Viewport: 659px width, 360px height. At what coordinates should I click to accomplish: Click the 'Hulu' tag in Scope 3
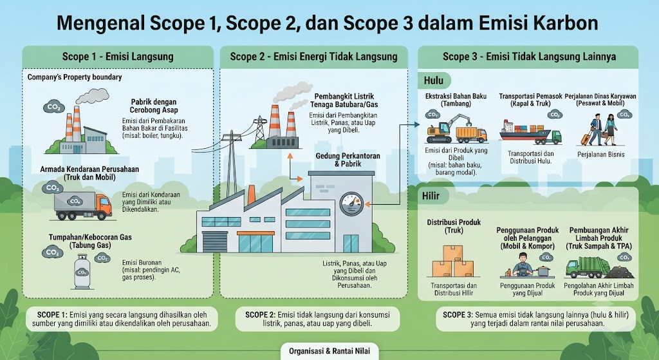click(434, 81)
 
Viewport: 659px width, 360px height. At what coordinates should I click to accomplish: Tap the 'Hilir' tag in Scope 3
click(431, 196)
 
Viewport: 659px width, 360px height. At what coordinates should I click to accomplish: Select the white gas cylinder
click(82, 272)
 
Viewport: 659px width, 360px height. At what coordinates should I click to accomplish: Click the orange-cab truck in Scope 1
click(83, 206)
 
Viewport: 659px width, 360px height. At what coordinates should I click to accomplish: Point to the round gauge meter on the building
click(351, 204)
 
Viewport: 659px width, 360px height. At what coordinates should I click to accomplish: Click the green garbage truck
click(582, 267)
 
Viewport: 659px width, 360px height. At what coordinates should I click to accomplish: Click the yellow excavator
click(442, 129)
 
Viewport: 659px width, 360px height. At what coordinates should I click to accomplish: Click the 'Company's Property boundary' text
click(75, 77)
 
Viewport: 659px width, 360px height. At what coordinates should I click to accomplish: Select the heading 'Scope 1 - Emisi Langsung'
click(118, 57)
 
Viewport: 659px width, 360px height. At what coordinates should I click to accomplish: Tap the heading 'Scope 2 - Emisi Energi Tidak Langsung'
click(313, 57)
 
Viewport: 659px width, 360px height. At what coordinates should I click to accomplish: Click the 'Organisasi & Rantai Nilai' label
click(329, 351)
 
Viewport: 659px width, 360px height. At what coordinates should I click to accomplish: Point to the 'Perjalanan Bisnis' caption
click(600, 155)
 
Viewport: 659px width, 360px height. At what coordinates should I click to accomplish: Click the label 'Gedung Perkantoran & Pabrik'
click(348, 160)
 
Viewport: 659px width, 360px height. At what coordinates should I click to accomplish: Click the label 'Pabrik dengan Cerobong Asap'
click(153, 106)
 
